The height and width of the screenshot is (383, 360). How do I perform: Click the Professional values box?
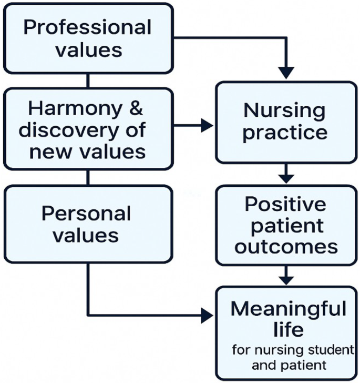pyautogui.click(x=88, y=38)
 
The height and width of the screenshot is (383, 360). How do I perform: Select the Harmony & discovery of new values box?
pyautogui.click(x=88, y=129)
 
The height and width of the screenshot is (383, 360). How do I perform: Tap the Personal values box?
pyautogui.click(x=88, y=224)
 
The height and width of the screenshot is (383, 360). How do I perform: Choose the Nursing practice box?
pyautogui.click(x=285, y=122)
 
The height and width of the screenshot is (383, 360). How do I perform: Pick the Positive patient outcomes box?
pyautogui.click(x=285, y=225)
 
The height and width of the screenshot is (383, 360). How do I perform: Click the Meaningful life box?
pyautogui.click(x=285, y=332)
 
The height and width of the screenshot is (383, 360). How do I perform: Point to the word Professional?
pyautogui.click(x=88, y=27)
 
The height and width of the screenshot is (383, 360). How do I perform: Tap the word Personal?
pyautogui.click(x=86, y=213)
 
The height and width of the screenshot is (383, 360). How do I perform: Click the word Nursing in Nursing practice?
pyautogui.click(x=284, y=111)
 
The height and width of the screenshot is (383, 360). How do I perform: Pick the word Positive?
pyautogui.click(x=285, y=204)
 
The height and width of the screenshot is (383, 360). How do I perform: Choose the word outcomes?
pyautogui.click(x=285, y=247)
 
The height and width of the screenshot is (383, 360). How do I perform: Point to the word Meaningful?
pyautogui.click(x=289, y=308)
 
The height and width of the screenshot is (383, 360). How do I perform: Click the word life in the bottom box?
pyautogui.click(x=288, y=329)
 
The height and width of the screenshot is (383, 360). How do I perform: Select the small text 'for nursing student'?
pyautogui.click(x=293, y=350)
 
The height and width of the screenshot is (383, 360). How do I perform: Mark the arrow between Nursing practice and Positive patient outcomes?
pyautogui.click(x=286, y=173)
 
